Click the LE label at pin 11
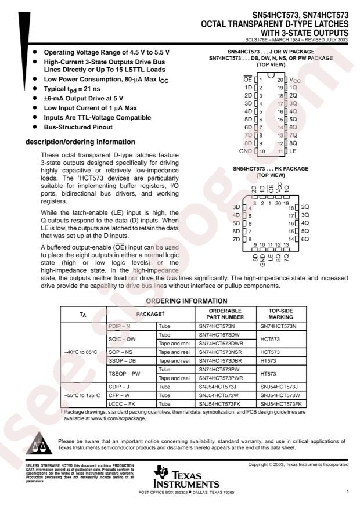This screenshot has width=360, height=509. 293,151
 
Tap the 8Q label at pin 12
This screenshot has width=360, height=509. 293,143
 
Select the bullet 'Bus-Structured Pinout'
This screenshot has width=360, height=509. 78,127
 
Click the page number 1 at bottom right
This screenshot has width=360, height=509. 347,492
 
